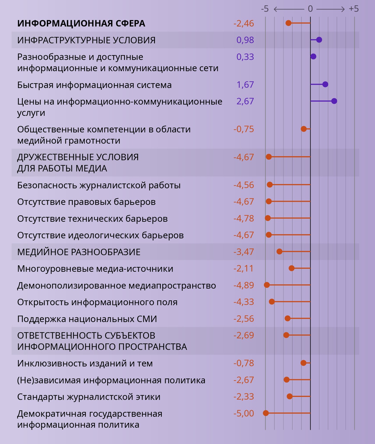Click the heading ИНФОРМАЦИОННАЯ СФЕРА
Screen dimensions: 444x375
(81, 24)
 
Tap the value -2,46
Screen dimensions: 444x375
(243, 24)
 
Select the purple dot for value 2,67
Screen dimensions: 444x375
(334, 101)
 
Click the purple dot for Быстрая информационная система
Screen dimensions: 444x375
(325, 85)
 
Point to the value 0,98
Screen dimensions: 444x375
(245, 40)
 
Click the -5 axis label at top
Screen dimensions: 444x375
(265, 9)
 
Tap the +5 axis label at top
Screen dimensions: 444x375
(354, 9)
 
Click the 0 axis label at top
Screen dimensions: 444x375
(310, 9)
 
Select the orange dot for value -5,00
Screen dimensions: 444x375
(266, 413)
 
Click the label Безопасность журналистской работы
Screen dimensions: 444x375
(99, 185)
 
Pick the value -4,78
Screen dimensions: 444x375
(243, 218)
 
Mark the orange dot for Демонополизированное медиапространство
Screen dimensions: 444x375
(267, 285)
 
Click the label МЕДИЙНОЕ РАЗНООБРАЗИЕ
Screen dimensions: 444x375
(79, 252)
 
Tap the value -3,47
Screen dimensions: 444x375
(243, 252)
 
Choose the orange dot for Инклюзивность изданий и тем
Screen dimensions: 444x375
(303, 363)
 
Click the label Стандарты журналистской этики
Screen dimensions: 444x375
(89, 397)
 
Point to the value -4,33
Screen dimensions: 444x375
(243, 302)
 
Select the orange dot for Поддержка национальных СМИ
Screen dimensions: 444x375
(288, 318)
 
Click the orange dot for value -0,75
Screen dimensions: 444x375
(304, 129)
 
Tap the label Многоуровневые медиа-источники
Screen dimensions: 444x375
(95, 269)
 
